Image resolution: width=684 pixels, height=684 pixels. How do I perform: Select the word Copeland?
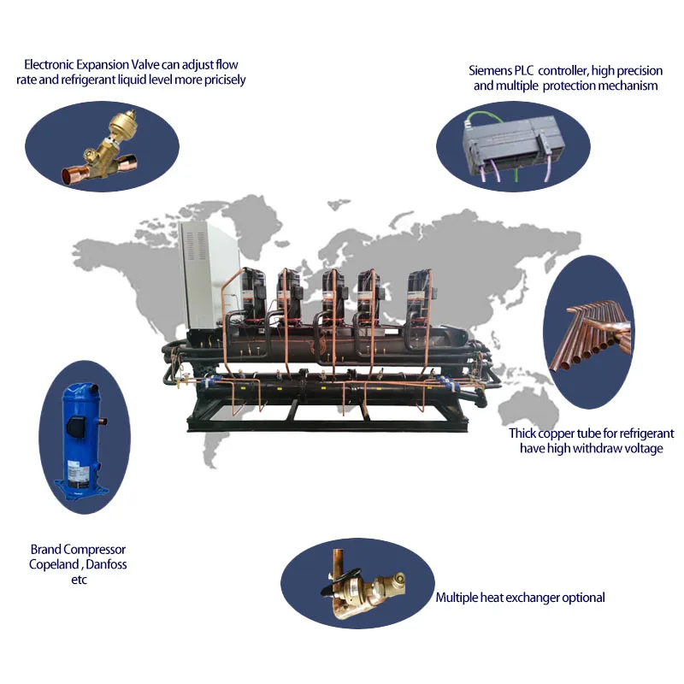pos(54,564)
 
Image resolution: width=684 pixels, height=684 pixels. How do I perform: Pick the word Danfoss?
pos(106,564)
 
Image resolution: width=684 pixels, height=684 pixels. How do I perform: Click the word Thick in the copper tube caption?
pos(522,433)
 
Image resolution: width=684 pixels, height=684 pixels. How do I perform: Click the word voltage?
pos(642,448)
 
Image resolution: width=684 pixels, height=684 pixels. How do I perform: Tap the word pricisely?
pos(225,80)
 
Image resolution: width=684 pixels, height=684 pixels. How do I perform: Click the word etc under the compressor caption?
pos(79,581)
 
